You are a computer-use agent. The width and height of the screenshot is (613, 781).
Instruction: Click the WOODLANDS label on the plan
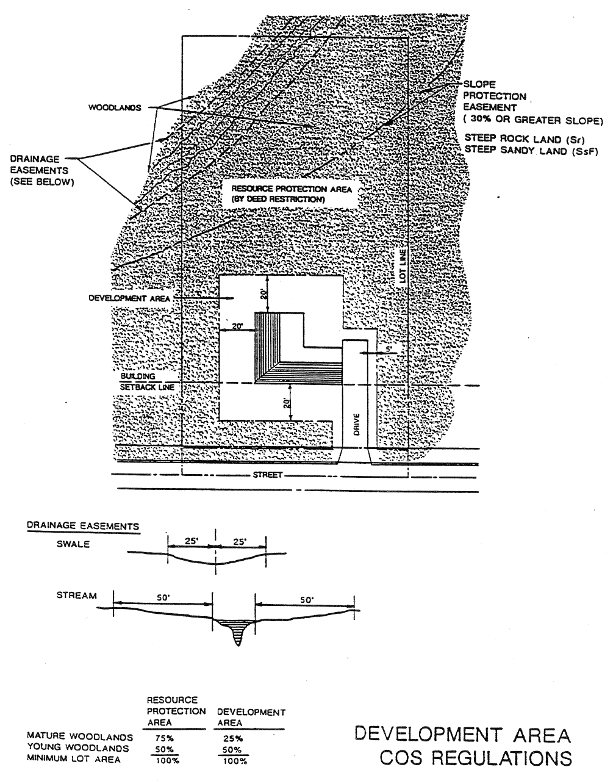coord(115,108)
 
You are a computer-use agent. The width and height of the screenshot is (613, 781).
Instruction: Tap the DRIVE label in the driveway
coord(357,424)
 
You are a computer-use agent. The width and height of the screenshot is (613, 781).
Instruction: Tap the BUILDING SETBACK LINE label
coord(147,382)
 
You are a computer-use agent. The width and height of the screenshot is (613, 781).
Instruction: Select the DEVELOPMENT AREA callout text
coord(129,298)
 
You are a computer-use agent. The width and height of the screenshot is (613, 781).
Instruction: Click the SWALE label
coord(73,544)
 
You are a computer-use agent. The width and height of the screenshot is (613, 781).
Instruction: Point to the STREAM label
coord(76,596)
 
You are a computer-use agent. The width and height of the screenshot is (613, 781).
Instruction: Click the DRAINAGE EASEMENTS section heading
coord(82,525)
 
